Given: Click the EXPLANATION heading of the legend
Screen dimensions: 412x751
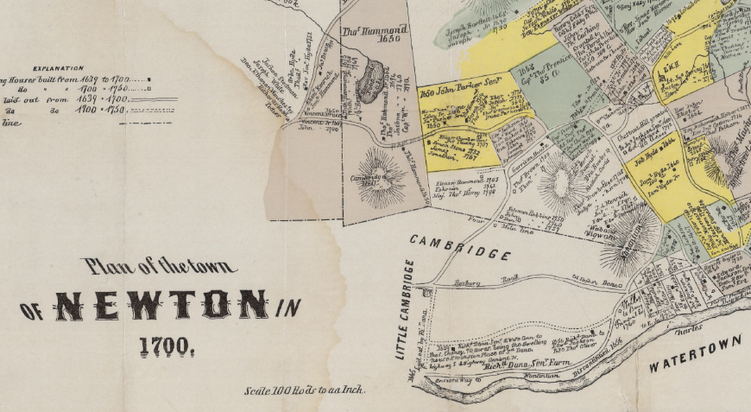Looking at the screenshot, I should coord(58,68).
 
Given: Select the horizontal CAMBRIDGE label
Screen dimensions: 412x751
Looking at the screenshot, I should coord(459,247).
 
